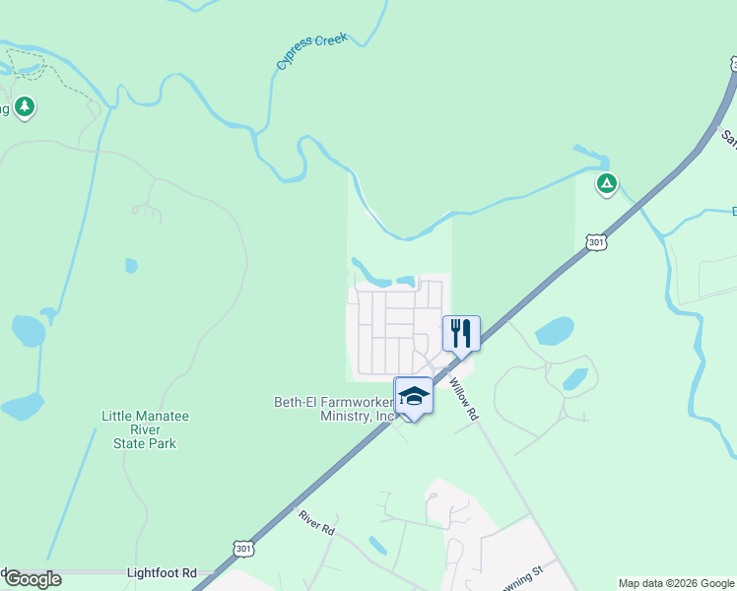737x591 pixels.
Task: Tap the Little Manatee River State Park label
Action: coord(145,429)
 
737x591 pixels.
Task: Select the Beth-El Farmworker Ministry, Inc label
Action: coord(333,409)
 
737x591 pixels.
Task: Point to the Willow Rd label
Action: coord(463,400)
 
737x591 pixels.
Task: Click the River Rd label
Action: coord(316,522)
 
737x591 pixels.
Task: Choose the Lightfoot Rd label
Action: coord(163,572)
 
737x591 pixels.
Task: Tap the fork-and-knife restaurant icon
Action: coord(460,333)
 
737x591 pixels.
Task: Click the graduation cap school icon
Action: coord(414,396)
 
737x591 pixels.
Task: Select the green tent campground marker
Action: coord(607,182)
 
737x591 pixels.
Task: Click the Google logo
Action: coord(32,579)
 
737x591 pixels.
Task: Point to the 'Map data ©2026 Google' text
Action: coord(677,583)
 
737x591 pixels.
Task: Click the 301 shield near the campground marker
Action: coord(595,241)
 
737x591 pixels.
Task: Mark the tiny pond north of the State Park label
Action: coord(131,265)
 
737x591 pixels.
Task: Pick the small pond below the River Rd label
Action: coord(377,545)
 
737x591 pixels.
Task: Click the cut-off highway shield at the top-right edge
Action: coord(733,64)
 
